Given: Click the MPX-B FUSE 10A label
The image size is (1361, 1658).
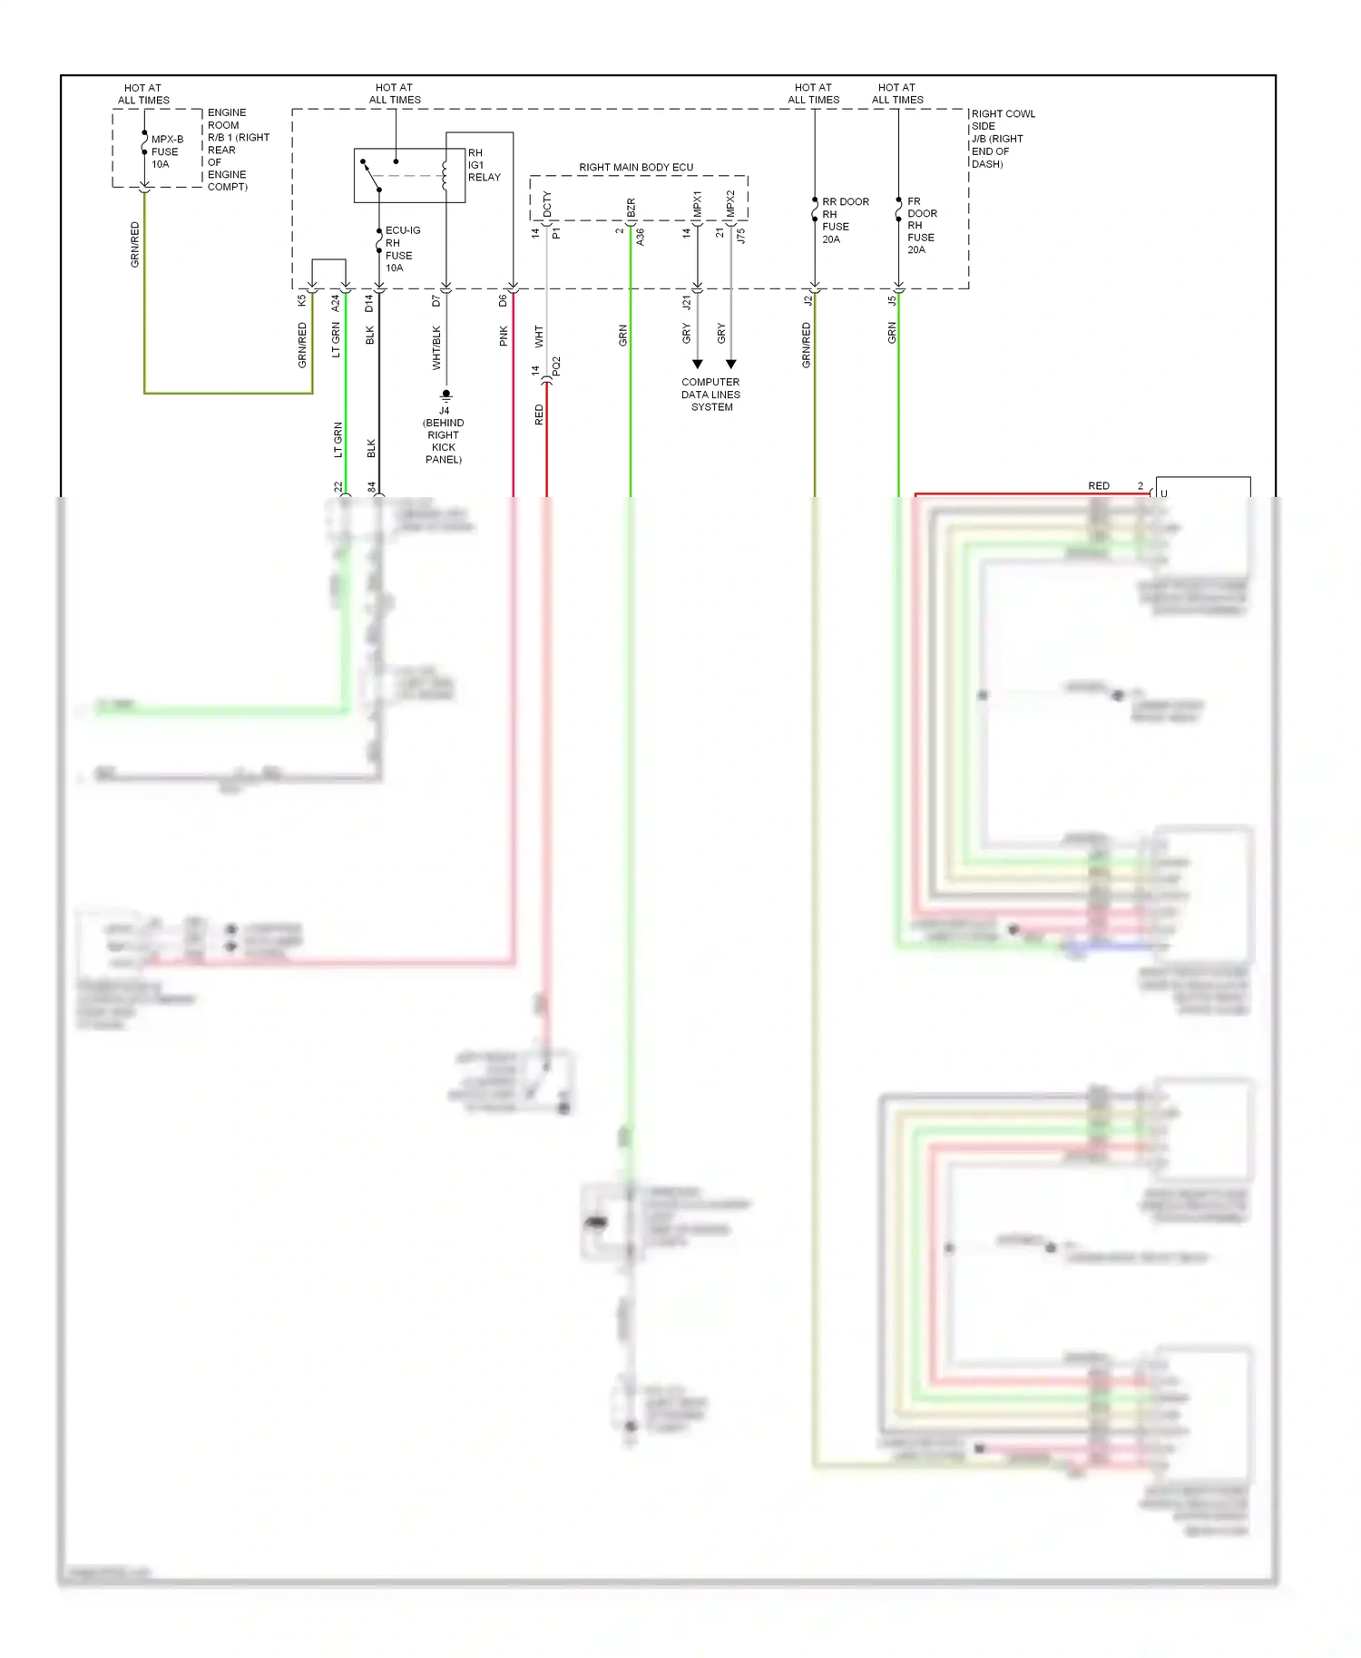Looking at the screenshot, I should click(166, 151).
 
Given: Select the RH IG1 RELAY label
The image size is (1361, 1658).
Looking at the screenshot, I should click(483, 165).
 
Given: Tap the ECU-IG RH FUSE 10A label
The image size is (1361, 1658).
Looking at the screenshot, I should click(402, 249).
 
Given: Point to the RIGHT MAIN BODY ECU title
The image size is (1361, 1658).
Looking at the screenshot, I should click(635, 167).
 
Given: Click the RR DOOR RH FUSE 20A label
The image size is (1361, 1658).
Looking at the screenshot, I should click(844, 220).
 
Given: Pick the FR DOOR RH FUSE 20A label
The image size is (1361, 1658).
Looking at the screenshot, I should click(921, 225).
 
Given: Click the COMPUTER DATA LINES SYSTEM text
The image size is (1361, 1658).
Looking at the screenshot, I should click(710, 395).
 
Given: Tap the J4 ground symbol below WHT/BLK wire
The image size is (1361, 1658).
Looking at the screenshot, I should click(446, 395).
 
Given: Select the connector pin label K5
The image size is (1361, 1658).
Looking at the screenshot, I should click(302, 301).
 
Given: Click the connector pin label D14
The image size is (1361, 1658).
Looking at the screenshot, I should click(369, 303).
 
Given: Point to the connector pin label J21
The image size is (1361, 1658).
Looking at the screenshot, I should click(687, 302).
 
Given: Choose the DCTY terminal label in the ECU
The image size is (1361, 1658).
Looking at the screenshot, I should click(547, 203).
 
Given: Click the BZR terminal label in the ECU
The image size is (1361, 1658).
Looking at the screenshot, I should click(631, 207).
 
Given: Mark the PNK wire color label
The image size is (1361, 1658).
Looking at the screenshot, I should click(504, 336).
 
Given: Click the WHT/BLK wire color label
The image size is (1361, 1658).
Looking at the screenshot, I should click(436, 347).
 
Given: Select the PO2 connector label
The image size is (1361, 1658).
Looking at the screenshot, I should click(556, 366).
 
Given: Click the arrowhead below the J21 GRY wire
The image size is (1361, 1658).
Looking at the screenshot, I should click(698, 365).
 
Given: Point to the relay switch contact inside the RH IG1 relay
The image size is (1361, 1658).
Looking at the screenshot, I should click(371, 177).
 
